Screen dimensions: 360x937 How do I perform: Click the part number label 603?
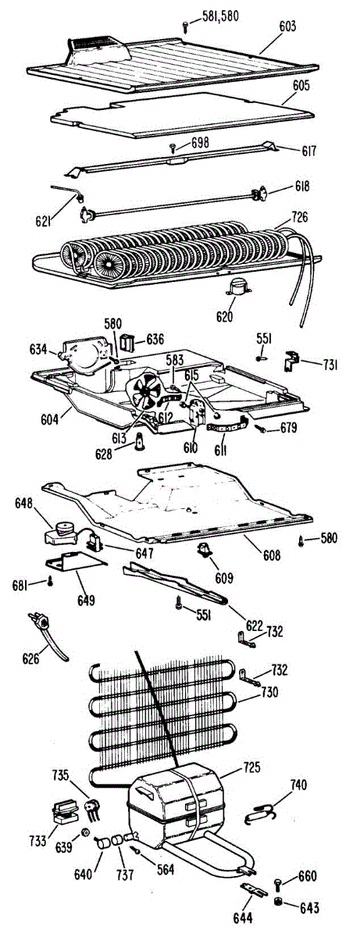(x=287, y=27)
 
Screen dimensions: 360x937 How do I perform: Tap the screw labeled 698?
(x=173, y=147)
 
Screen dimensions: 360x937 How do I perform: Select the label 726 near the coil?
(x=298, y=218)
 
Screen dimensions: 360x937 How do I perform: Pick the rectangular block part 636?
(x=127, y=342)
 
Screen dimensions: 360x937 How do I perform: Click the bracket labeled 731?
(x=292, y=361)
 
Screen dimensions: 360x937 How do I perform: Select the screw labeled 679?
(x=262, y=429)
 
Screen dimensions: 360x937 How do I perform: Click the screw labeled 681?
(x=51, y=581)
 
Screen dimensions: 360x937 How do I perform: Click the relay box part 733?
(x=65, y=811)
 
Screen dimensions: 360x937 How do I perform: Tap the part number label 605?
(x=301, y=86)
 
